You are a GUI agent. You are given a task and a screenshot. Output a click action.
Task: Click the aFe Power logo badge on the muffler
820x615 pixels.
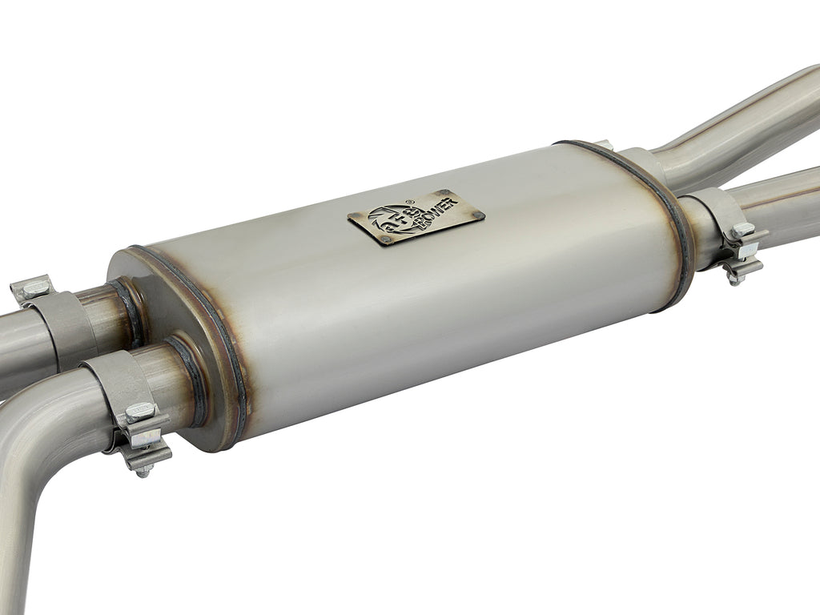[x=416, y=217]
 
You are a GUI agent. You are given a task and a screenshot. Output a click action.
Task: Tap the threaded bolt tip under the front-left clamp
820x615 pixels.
[x=143, y=472]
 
